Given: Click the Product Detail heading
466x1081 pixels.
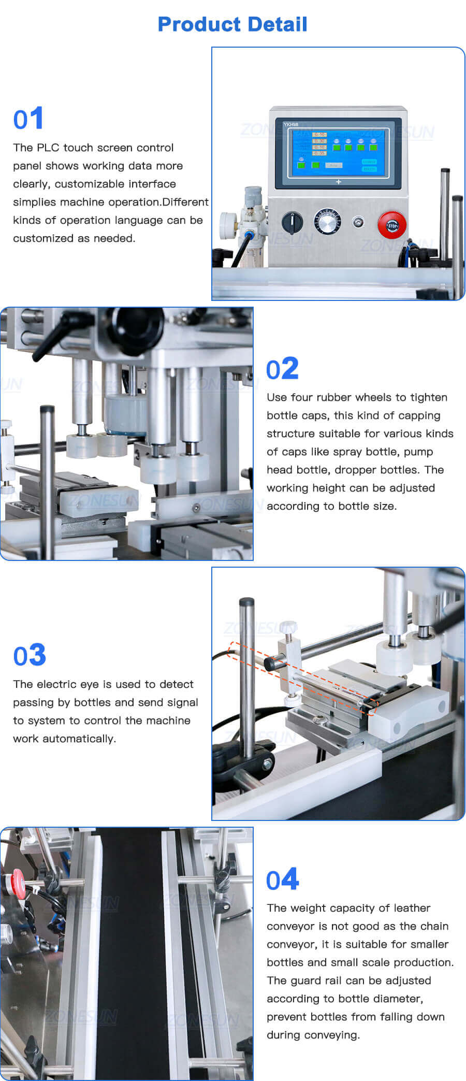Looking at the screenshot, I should [232, 24].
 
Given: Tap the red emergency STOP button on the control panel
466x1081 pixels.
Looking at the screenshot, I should [391, 225].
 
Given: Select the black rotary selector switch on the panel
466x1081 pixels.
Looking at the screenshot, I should [292, 223].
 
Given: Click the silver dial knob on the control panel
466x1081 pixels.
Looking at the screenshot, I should [328, 223].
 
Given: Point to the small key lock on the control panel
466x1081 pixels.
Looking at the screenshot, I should [358, 223].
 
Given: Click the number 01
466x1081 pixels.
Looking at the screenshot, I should [28, 119].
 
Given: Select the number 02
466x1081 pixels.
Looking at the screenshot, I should [282, 369].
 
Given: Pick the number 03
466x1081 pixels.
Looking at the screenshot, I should [30, 655].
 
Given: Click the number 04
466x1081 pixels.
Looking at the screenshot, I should [282, 880].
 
